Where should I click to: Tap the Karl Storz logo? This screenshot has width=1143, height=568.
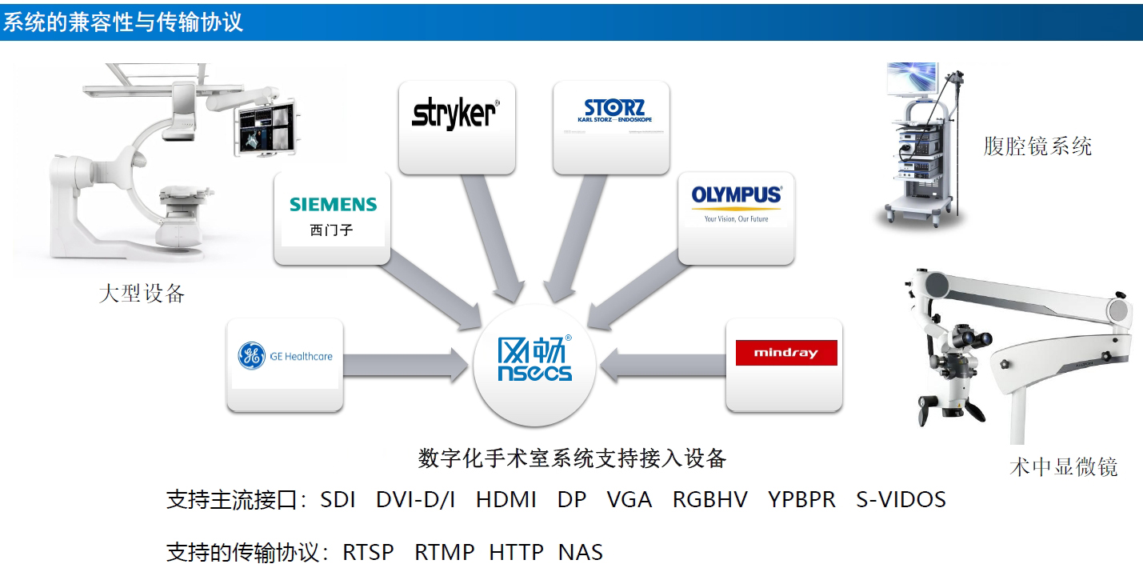[x=613, y=111]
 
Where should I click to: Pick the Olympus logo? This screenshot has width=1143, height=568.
[x=736, y=201]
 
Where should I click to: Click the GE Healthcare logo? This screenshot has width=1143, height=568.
[x=286, y=356]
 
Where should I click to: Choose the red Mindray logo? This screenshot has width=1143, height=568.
[x=785, y=353]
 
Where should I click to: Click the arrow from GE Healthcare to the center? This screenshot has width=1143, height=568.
[x=408, y=366]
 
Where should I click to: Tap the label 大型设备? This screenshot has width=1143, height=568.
[x=142, y=294]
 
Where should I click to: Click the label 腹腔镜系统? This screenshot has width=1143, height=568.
[x=1037, y=146]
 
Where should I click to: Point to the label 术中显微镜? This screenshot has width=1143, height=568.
[x=1063, y=466]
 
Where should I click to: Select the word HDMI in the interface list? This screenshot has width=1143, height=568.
[x=506, y=500]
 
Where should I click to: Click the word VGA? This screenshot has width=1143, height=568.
[x=629, y=500]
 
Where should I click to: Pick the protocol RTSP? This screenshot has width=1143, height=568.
[x=369, y=552]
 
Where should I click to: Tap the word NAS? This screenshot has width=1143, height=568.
[x=581, y=552]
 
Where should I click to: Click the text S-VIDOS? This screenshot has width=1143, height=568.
[x=901, y=500]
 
